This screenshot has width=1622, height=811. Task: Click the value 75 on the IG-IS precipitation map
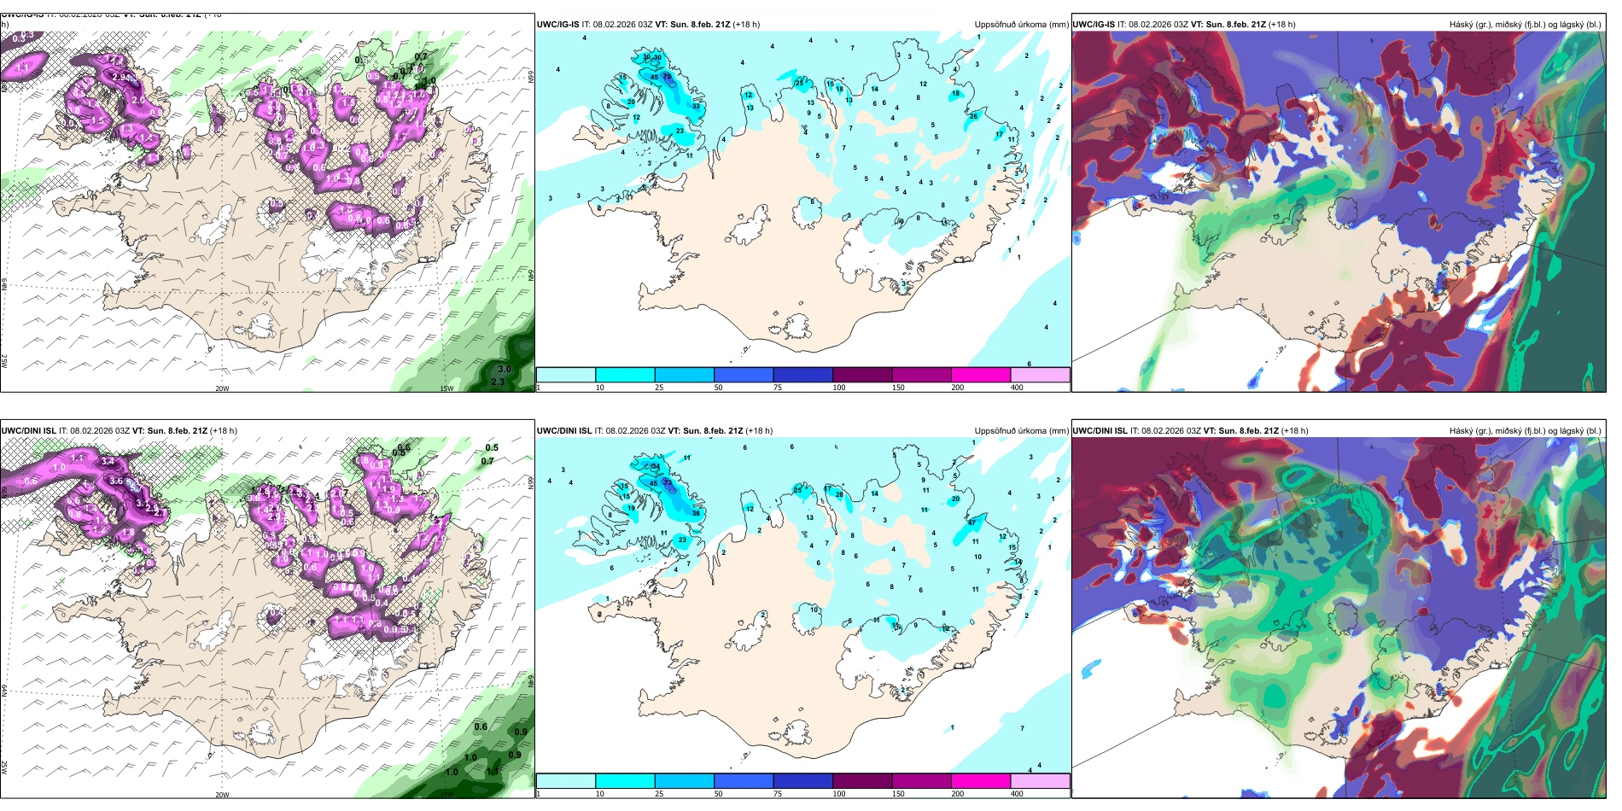click(667, 76)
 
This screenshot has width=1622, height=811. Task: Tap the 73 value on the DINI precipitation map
click(668, 482)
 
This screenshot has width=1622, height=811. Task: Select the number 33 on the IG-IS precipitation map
click(696, 106)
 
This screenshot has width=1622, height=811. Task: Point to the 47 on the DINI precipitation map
click(971, 522)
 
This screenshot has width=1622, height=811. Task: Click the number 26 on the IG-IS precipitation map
click(973, 116)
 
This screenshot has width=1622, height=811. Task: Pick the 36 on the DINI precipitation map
click(696, 513)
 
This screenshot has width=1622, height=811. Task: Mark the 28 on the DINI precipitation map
click(839, 494)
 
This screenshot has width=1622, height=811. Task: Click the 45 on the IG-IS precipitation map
click(654, 77)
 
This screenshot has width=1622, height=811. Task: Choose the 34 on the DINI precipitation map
click(655, 467)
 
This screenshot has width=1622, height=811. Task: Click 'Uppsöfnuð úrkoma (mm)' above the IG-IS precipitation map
click(1021, 25)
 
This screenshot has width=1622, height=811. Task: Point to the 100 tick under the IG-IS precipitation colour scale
click(839, 388)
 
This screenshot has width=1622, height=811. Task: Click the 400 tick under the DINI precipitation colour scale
click(1017, 794)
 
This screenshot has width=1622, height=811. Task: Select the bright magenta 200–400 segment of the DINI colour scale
click(980, 781)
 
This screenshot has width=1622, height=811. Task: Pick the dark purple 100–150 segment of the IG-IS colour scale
click(861, 375)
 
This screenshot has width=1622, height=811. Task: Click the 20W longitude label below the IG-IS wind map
click(222, 388)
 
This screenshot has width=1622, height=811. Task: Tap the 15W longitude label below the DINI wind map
click(446, 795)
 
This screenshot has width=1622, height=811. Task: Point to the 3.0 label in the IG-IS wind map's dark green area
click(505, 370)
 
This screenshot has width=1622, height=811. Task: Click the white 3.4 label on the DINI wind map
click(108, 461)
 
